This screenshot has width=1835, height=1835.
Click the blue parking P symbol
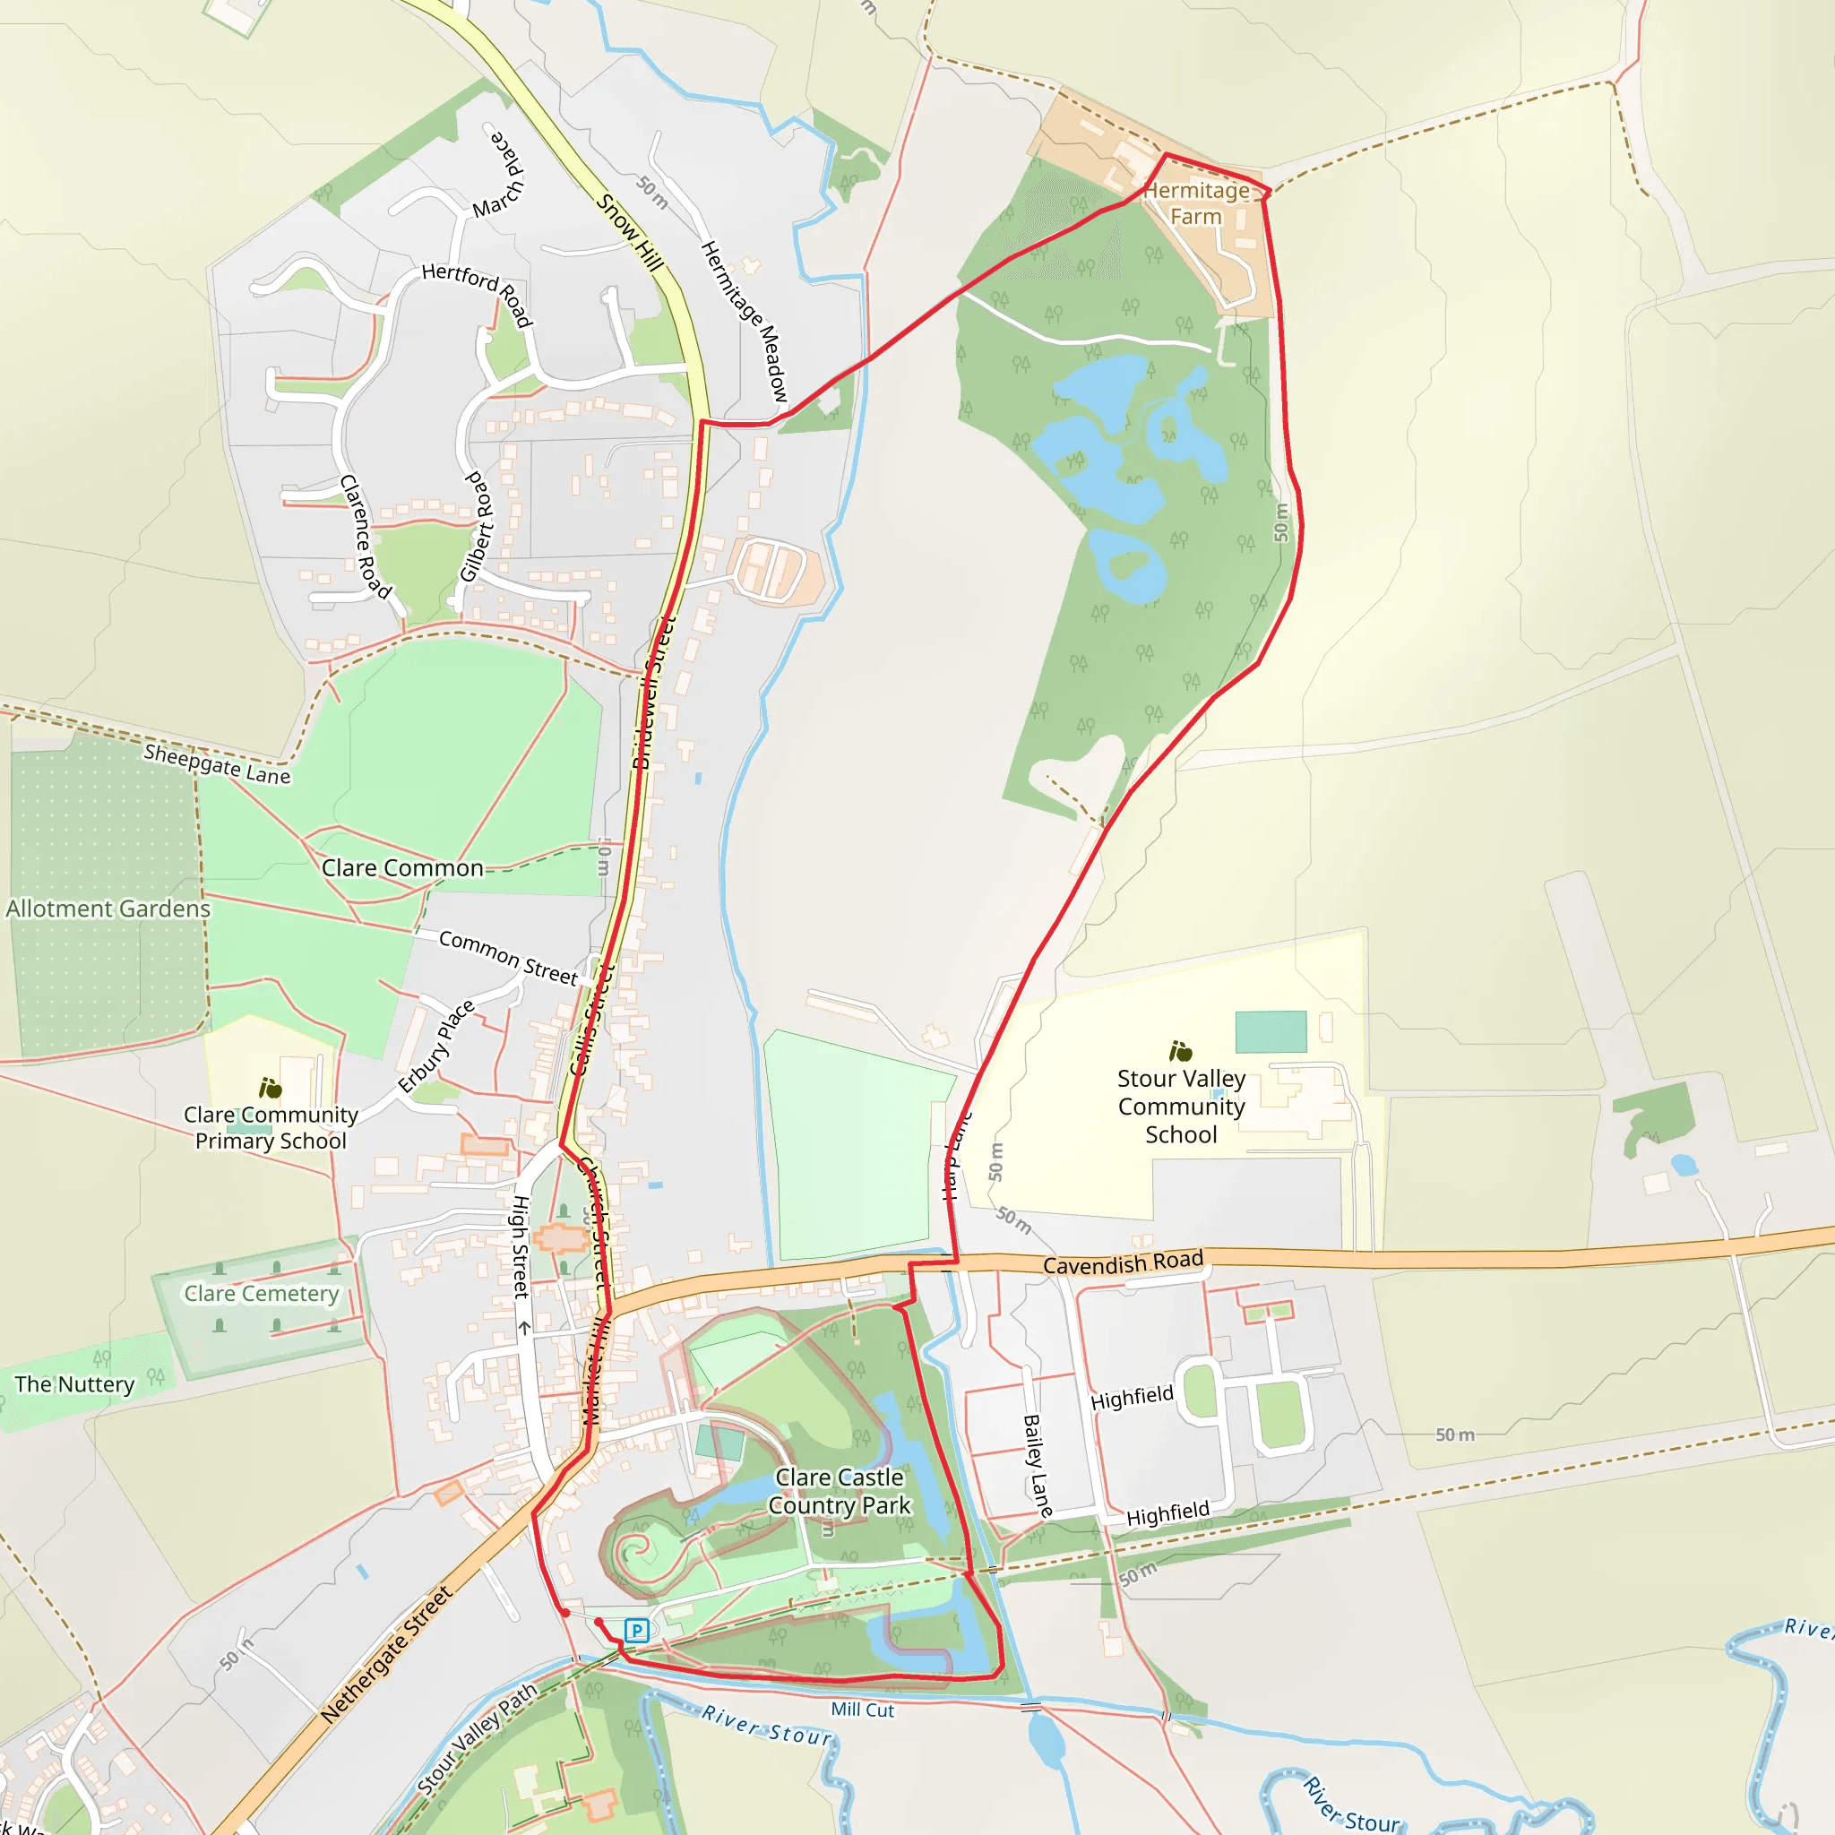(x=636, y=1631)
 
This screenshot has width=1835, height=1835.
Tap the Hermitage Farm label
(x=1196, y=203)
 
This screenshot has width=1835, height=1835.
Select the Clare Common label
(x=401, y=868)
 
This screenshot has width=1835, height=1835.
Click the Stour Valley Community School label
(x=1181, y=1107)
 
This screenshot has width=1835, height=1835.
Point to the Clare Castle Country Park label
(x=839, y=1491)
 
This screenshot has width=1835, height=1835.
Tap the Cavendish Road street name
(x=1123, y=1262)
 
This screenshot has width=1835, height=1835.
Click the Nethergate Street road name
(x=385, y=1655)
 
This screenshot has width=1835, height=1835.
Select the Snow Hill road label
(x=629, y=232)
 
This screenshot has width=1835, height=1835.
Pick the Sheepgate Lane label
(x=217, y=764)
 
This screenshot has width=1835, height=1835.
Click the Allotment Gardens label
(x=108, y=909)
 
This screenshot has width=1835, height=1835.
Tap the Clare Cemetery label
(x=262, y=1294)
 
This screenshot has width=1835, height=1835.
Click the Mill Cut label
(x=863, y=1710)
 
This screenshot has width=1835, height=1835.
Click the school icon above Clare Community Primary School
(x=271, y=1088)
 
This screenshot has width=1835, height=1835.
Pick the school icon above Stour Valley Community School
(x=1181, y=1050)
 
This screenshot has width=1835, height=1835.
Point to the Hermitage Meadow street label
(x=745, y=320)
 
